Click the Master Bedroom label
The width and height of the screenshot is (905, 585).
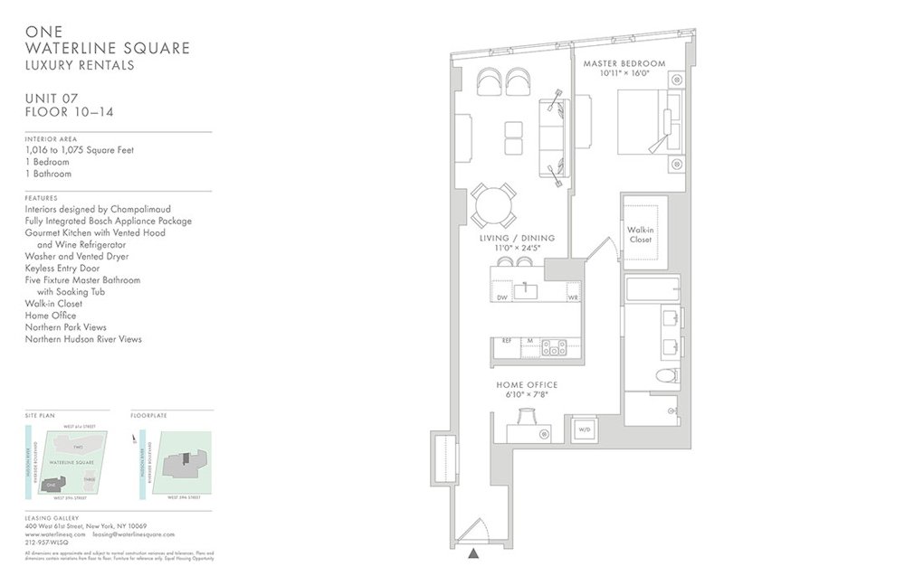point(624,63)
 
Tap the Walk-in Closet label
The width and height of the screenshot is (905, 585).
point(641,234)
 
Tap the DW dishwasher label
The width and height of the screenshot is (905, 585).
point(501,297)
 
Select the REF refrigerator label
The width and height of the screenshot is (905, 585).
point(507,341)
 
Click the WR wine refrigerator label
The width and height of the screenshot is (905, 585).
point(572,297)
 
